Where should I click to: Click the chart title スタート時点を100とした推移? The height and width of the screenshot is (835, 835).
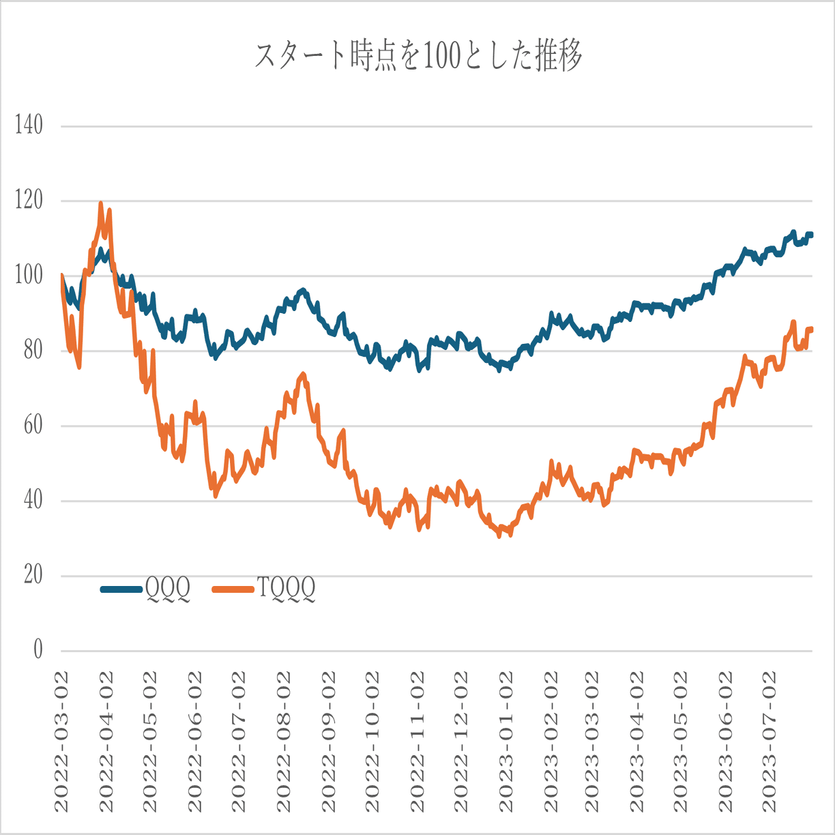click(418, 56)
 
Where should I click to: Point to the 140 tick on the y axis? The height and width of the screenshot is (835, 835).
click(28, 126)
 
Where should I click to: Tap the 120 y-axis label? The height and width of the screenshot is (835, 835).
click(28, 201)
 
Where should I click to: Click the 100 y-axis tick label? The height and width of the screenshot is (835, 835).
click(28, 276)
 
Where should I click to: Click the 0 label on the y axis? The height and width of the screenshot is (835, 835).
click(38, 650)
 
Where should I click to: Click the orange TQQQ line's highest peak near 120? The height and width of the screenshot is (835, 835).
click(101, 203)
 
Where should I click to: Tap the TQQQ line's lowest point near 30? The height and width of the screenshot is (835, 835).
click(499, 536)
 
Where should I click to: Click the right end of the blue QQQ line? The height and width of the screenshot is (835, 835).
click(811, 235)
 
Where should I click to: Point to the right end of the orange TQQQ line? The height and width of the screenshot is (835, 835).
click(811, 329)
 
